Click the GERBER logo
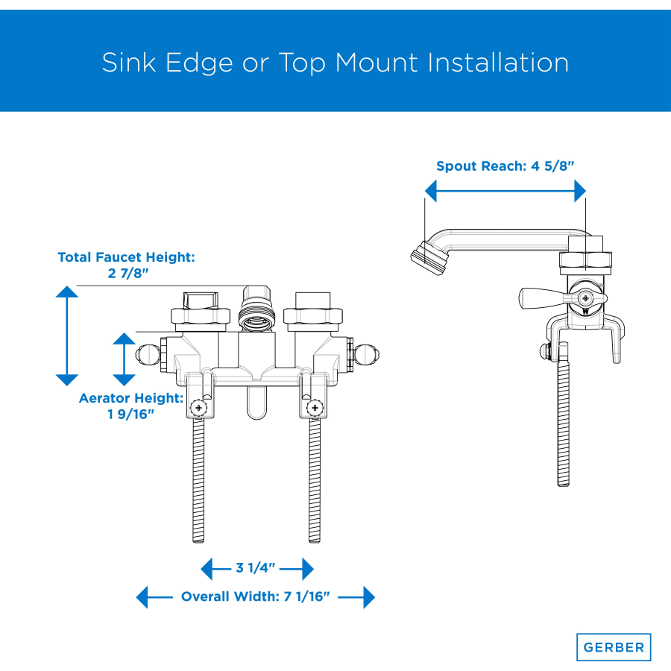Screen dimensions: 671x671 coord(614,647)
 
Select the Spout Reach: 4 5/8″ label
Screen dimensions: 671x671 coord(505,166)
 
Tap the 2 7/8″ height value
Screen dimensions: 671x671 coord(128,273)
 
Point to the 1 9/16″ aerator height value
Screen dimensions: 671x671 coord(130,415)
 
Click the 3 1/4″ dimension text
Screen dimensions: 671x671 coord(256,568)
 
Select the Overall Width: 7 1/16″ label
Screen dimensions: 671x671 coord(256,596)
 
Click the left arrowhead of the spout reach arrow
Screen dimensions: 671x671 coord(430,191)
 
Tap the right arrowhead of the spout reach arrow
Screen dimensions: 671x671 coord(580,191)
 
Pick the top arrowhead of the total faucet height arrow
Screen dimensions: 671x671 coord(67,292)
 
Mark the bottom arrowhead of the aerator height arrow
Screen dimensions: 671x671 coord(124,380)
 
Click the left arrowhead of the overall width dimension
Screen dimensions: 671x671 coord(142,597)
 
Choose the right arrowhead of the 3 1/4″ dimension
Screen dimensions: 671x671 coord(308,569)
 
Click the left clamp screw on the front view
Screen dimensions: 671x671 coord(198,407)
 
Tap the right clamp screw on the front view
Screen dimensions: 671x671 coord(315,407)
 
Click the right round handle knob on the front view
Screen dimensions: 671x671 coord(366,355)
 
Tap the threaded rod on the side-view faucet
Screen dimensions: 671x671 coord(563,415)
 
